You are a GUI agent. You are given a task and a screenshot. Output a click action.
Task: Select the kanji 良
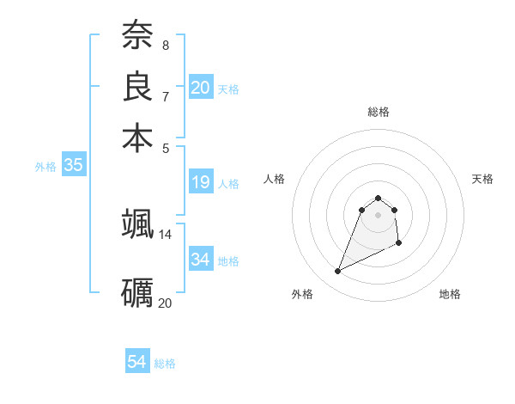click(x=137, y=86)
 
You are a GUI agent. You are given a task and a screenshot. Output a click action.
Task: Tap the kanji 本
click(x=137, y=138)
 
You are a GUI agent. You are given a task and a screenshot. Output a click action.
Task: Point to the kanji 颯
click(x=137, y=224)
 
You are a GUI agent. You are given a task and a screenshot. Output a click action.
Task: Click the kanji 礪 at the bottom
click(x=137, y=293)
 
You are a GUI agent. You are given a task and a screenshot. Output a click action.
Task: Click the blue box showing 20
click(x=201, y=87)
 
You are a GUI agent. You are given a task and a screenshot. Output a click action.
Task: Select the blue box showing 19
click(x=201, y=182)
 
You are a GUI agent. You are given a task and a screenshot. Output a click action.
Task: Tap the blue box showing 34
click(x=201, y=259)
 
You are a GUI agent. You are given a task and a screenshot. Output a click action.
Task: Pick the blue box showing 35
click(x=73, y=166)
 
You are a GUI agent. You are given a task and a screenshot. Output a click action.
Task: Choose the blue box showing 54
click(x=136, y=362)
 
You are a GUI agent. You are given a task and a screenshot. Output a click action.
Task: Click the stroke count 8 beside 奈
click(x=165, y=45)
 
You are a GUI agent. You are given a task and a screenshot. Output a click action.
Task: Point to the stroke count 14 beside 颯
click(x=165, y=234)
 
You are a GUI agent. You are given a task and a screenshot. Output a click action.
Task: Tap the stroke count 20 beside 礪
click(x=165, y=303)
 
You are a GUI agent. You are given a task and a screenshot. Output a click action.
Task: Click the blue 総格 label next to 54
click(x=165, y=364)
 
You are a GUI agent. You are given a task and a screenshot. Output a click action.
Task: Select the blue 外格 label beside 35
click(x=45, y=167)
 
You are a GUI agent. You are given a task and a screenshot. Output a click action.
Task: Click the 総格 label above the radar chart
click(x=379, y=112)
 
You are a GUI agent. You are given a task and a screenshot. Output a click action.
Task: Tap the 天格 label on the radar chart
click(x=483, y=179)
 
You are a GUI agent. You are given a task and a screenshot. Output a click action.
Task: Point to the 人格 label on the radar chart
click(x=275, y=179)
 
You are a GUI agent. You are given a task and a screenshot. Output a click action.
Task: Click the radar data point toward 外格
click(x=338, y=272)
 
